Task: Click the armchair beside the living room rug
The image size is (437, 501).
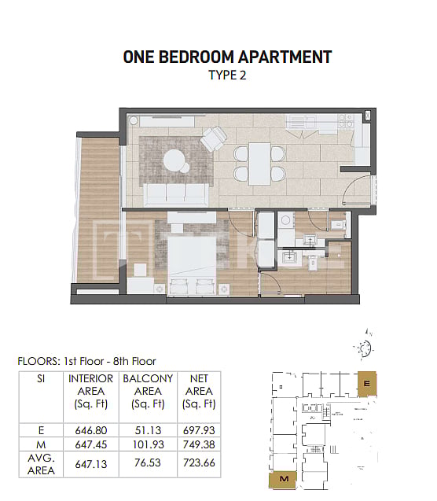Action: pos(214,141)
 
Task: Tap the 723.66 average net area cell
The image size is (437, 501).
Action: pos(198,464)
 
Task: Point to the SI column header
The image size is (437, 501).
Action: pos(41,379)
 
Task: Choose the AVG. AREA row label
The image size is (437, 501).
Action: pos(41,464)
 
